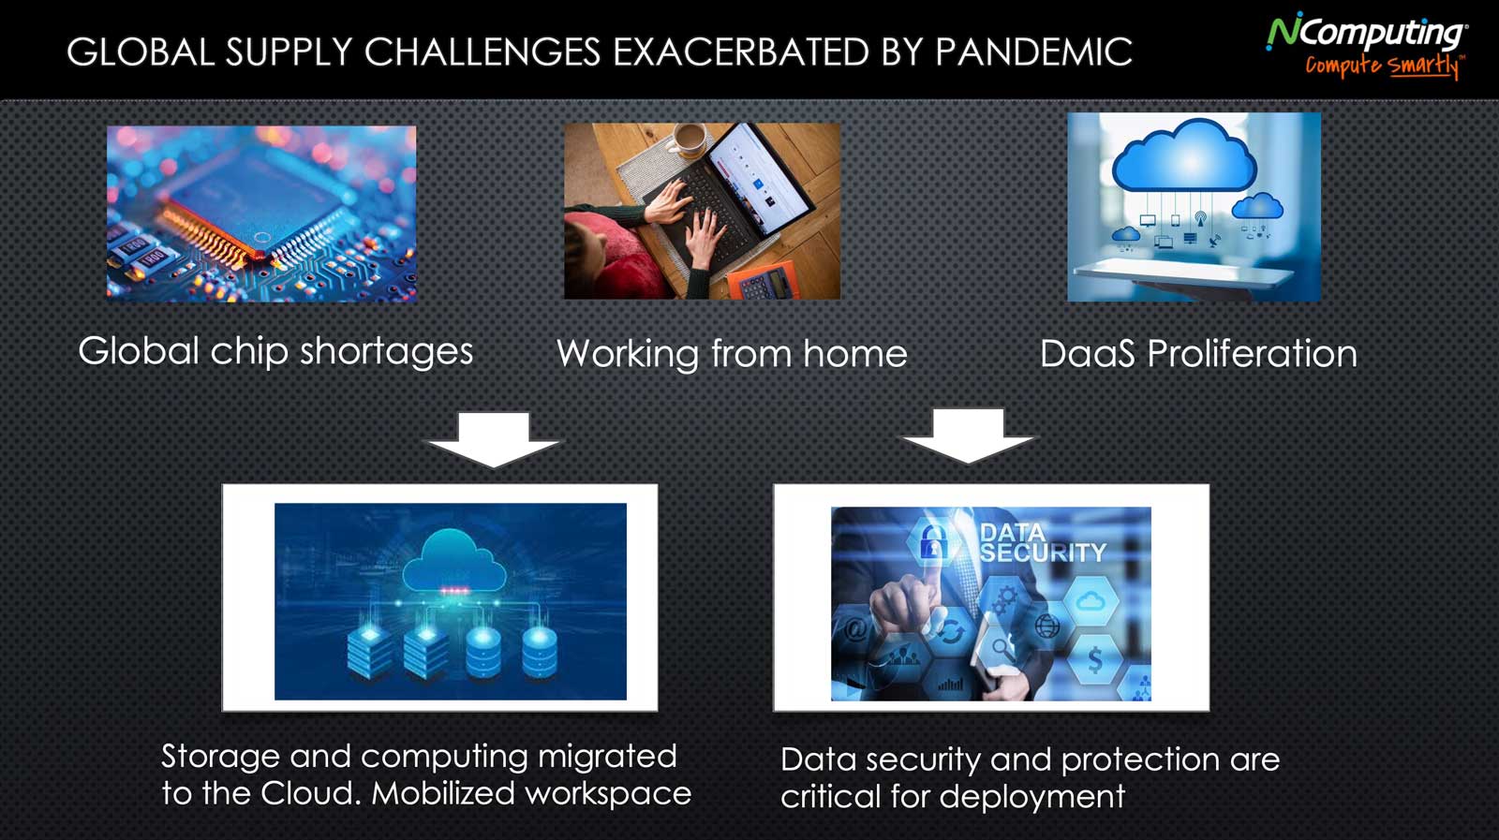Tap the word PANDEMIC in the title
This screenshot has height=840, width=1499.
(1033, 52)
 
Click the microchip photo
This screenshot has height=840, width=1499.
(261, 214)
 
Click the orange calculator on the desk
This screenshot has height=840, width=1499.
(763, 282)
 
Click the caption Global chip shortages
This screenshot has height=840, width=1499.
(275, 351)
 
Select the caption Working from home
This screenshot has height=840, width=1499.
(732, 353)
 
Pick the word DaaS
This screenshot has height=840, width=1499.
(1087, 353)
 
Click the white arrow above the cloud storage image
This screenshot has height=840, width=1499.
(494, 439)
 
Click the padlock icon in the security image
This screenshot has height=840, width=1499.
(931, 541)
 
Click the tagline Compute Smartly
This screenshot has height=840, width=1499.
(1383, 66)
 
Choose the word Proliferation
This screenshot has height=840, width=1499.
(1252, 353)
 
